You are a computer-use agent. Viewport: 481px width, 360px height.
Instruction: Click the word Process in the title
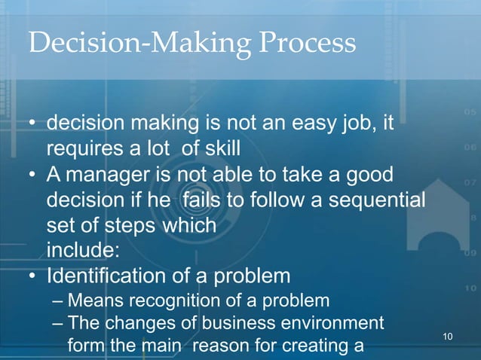(x=308, y=43)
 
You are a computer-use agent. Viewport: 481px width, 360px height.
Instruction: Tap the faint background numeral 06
(x=468, y=148)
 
